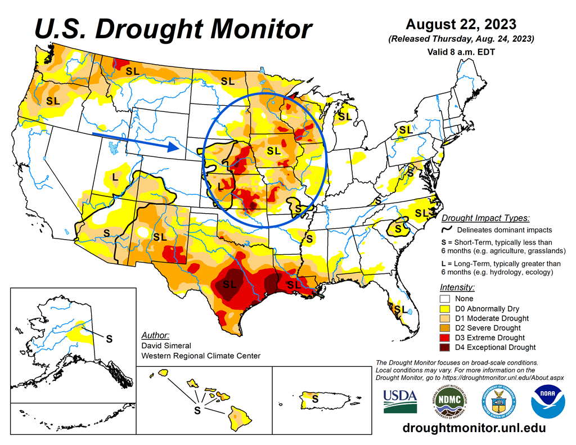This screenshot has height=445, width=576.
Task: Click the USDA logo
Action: [400, 401]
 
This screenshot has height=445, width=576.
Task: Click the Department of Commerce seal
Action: [498, 401]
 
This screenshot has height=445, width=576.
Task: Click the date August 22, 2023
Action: [460, 25]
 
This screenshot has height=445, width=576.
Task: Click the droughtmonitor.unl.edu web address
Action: [474, 428]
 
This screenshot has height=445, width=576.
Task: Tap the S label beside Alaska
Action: [109, 339]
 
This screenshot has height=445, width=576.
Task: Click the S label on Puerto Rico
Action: [315, 398]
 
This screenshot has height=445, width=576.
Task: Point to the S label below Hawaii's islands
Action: [197, 410]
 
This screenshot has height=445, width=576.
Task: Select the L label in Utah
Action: [115, 177]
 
